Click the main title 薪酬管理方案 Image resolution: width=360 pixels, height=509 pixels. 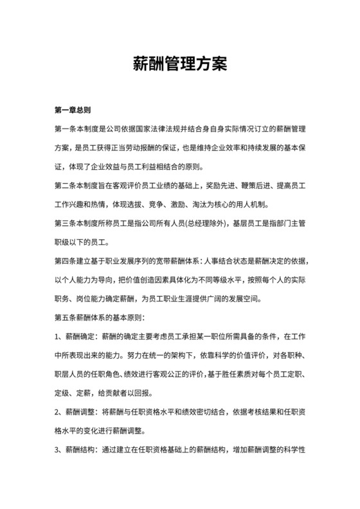[x=179, y=64]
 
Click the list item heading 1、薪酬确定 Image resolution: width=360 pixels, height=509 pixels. [x=77, y=338]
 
